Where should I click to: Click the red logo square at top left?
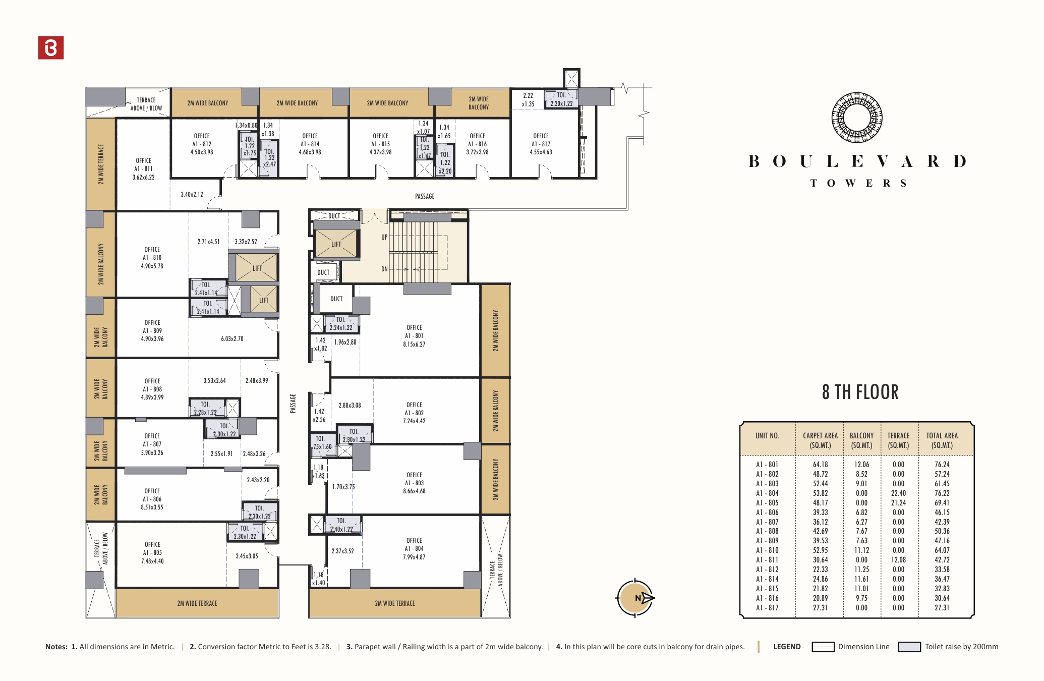point(51,47)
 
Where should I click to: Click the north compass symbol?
point(635,598)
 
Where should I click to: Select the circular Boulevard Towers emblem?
point(857,118)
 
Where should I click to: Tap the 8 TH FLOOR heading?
point(860,392)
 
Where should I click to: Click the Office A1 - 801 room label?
point(414,336)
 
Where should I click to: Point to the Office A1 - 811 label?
point(144,169)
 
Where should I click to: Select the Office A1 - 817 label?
point(541,144)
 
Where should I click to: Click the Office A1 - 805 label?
point(152,553)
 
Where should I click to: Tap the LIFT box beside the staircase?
point(336,244)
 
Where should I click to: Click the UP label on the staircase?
point(384,237)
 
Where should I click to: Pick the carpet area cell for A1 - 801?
point(820,465)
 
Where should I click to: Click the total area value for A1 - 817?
point(942,608)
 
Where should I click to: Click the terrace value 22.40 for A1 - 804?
point(898,493)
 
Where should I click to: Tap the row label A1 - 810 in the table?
point(767,550)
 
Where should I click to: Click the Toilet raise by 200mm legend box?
point(909,647)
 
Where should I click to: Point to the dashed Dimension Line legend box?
point(823,647)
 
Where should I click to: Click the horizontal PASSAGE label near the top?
point(425,196)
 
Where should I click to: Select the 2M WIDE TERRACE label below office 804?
point(395,603)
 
